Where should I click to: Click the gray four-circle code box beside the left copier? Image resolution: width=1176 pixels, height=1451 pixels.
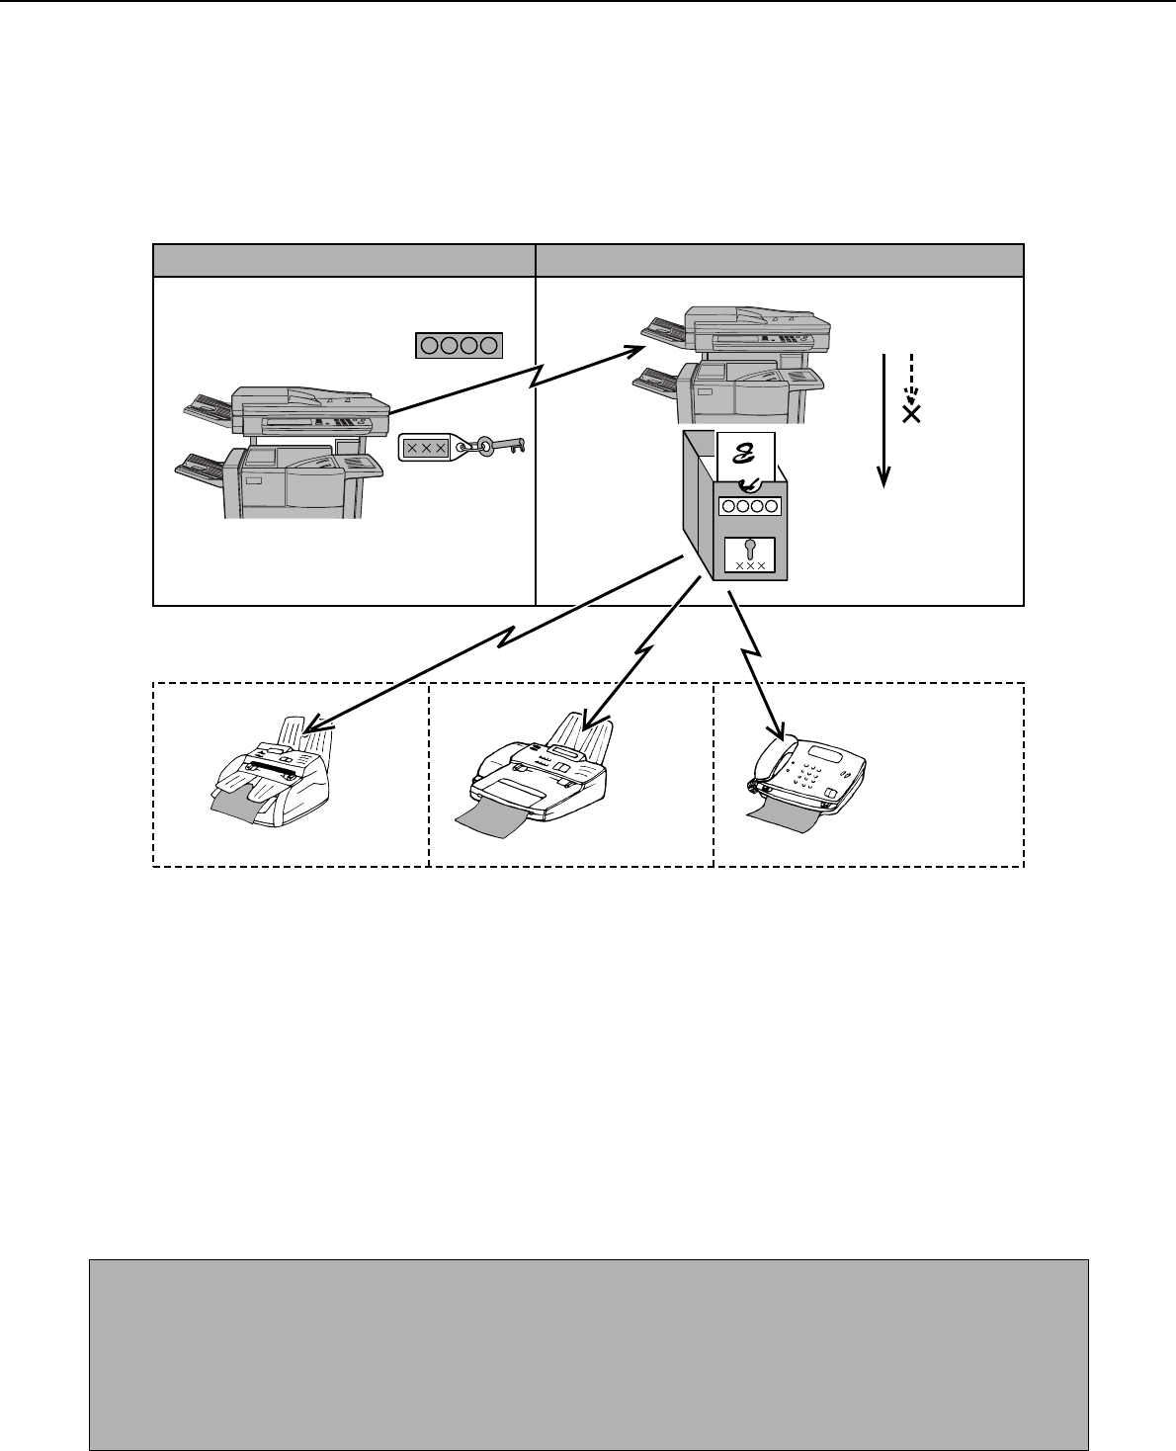[459, 345]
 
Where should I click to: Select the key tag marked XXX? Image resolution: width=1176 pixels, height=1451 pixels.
[426, 448]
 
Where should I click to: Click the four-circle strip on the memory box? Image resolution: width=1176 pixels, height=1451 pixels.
[750, 505]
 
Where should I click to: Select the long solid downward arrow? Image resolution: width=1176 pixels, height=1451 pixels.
[885, 415]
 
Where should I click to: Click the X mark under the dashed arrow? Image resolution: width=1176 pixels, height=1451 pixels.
[911, 414]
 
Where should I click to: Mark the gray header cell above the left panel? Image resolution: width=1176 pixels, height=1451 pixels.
[343, 260]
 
